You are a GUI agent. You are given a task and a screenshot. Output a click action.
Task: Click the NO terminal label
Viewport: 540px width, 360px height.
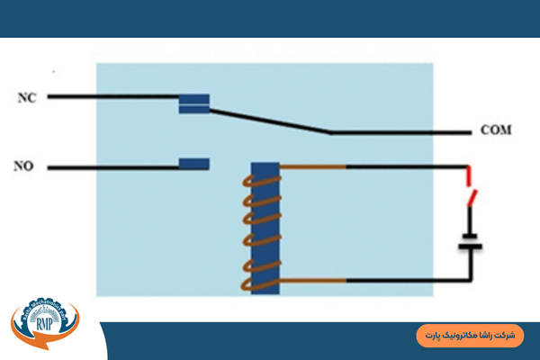click(x=23, y=166)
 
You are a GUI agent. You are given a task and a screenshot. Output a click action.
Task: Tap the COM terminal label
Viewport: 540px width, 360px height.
click(x=496, y=130)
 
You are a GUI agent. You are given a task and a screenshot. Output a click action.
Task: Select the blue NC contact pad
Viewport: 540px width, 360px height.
click(x=194, y=104)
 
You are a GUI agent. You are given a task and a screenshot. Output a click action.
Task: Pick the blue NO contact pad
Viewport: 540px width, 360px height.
click(x=194, y=164)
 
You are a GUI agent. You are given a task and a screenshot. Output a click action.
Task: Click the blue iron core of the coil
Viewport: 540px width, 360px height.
click(x=265, y=227)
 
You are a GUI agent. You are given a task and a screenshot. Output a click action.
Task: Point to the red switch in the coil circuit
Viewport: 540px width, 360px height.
click(x=469, y=191)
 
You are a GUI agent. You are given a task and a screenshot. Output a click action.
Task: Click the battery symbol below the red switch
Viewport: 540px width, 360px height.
click(x=468, y=242)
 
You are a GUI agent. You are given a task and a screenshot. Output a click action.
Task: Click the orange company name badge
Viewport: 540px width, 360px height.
click(x=469, y=334)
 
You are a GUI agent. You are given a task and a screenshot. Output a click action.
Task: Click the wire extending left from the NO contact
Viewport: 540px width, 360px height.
click(x=112, y=166)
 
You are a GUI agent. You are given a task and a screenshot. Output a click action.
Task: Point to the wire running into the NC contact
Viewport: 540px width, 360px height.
click(x=112, y=95)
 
